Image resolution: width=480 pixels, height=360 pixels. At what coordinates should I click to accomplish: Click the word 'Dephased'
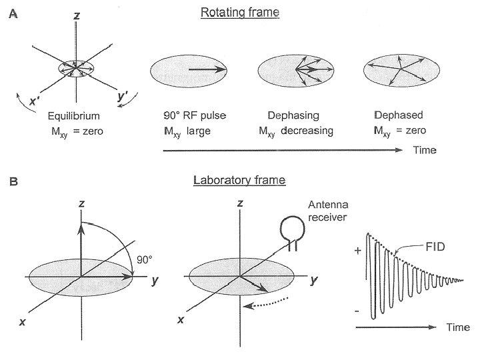coord(395,117)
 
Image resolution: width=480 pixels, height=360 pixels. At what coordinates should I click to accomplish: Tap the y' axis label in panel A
coord(122,97)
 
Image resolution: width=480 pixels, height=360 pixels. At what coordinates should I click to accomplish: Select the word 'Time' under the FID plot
coord(458,327)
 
